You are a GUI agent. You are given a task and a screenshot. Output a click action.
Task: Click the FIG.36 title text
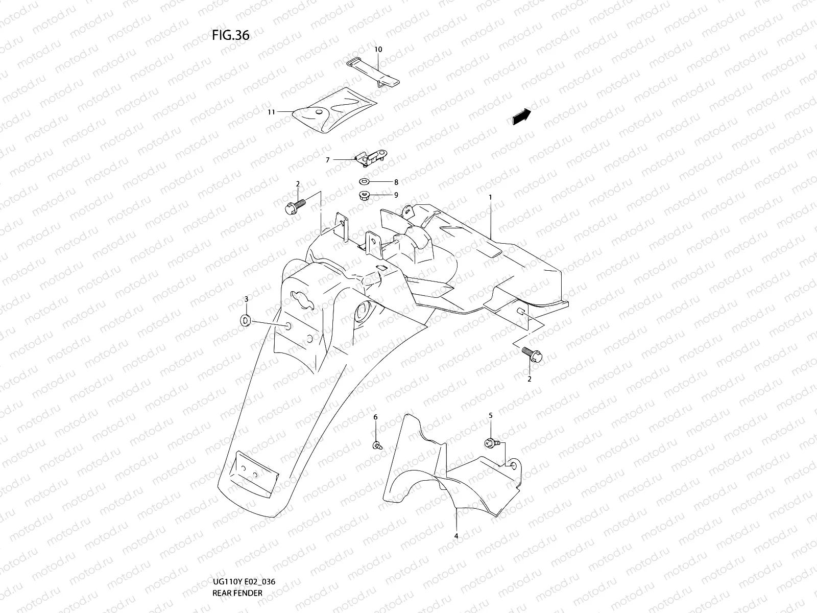tap(231, 35)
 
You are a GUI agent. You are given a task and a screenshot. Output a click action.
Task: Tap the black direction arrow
tap(522, 116)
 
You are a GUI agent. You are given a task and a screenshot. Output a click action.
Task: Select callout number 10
tap(378, 50)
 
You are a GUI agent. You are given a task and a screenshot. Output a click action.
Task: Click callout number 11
tap(271, 112)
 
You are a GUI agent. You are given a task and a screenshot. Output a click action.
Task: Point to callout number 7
tap(327, 160)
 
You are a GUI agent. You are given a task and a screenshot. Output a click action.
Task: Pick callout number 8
tap(396, 182)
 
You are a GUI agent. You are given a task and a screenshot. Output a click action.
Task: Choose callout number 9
tap(396, 195)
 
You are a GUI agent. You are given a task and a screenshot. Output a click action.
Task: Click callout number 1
tap(490, 197)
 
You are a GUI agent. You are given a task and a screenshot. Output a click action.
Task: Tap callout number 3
tap(246, 299)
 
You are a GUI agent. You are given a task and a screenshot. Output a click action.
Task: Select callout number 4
tap(456, 536)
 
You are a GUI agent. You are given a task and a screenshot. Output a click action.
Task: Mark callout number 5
tap(491, 415)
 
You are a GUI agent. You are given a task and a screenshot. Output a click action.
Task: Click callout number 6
tap(375, 417)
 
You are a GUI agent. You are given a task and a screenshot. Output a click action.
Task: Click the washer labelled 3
tap(245, 320)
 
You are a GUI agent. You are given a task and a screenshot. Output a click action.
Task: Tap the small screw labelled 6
tap(377, 445)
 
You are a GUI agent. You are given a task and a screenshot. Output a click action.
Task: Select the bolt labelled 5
tap(491, 443)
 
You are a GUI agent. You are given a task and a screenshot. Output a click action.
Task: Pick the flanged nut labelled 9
tap(363, 195)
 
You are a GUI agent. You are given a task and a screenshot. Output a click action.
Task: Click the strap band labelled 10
tap(373, 73)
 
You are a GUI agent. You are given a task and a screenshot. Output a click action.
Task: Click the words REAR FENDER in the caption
tap(237, 593)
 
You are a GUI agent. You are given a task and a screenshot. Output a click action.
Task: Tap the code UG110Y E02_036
tap(244, 582)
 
